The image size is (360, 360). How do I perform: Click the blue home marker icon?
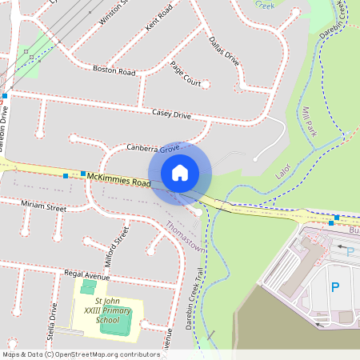[180, 172]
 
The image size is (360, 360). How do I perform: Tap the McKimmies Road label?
[119, 178]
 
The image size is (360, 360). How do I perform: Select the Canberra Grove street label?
[153, 149]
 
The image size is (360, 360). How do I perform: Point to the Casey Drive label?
[171, 114]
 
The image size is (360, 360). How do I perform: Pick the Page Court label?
[186, 74]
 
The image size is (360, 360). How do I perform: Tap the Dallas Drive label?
[224, 50]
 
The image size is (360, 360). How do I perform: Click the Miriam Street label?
[43, 206]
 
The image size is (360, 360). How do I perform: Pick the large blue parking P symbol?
[335, 286]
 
